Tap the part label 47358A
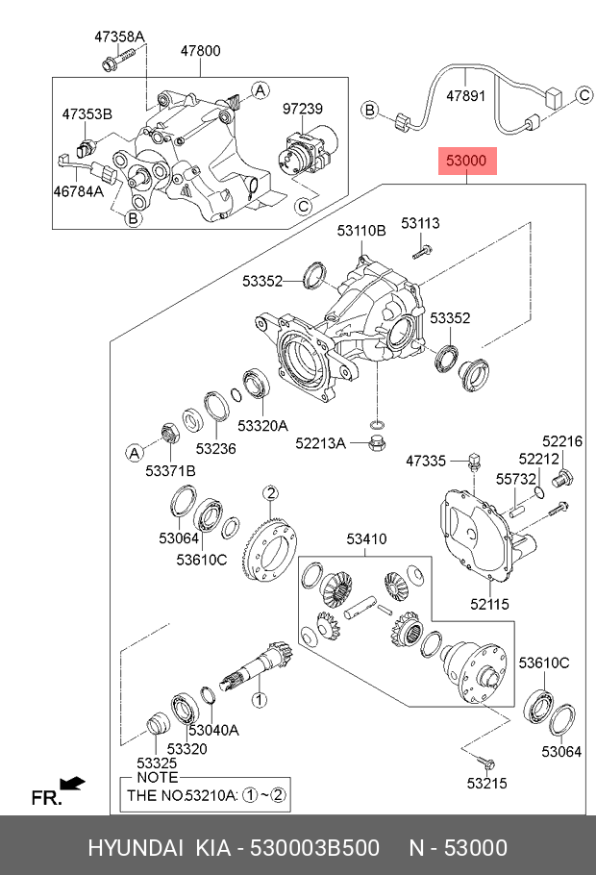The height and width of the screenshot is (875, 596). (x=118, y=37)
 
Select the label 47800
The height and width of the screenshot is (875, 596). (x=200, y=51)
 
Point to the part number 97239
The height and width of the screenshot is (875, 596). (x=302, y=110)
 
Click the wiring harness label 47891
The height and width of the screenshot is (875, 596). (x=467, y=96)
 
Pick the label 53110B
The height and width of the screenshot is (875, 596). (x=361, y=231)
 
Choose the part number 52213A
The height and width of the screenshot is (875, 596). (x=319, y=443)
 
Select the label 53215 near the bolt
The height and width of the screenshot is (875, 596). (x=487, y=784)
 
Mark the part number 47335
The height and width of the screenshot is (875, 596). (x=426, y=462)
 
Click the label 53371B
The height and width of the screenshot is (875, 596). (x=170, y=470)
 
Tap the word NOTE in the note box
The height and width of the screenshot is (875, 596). (x=158, y=776)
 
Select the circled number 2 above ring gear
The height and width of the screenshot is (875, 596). (x=271, y=494)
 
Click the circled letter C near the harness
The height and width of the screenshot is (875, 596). (x=583, y=94)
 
